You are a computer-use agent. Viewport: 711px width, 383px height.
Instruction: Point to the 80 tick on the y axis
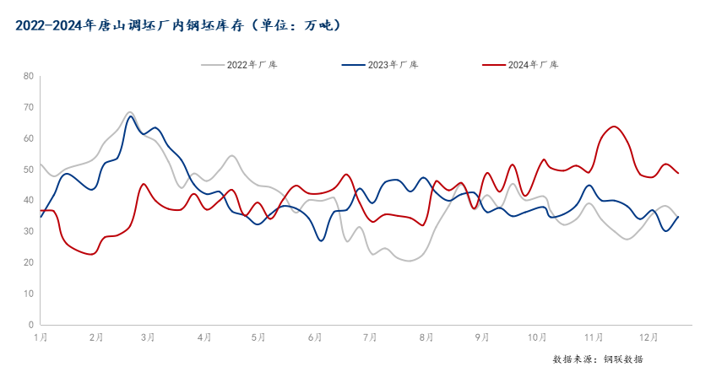(29, 76)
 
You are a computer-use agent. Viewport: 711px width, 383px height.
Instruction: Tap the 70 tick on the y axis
(29, 107)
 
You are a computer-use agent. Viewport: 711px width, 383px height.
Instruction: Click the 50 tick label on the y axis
(29, 170)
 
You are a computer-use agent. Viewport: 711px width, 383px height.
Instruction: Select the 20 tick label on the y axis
(29, 262)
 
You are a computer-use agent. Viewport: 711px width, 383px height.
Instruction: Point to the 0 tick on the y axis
(31, 325)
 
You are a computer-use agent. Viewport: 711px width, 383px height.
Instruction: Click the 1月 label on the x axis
(41, 337)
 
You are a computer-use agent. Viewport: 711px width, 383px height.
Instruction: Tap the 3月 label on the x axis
(148, 337)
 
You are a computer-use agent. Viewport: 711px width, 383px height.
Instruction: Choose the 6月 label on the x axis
(316, 337)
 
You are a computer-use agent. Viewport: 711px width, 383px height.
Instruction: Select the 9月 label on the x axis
(482, 337)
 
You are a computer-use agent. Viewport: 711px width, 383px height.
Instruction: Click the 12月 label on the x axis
(649, 337)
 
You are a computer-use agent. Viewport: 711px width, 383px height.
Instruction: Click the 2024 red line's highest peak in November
(614, 127)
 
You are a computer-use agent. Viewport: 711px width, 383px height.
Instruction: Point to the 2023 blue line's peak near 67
(131, 116)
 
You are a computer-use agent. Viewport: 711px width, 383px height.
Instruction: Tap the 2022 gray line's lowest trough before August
(410, 262)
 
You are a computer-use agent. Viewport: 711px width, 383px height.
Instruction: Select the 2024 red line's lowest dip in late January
(92, 254)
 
